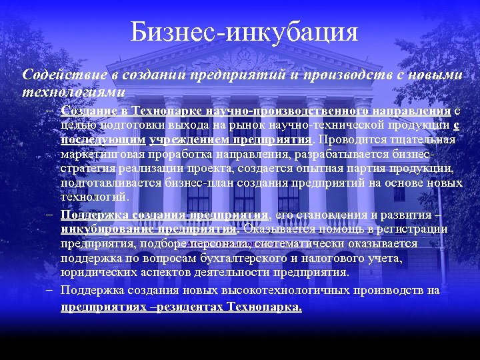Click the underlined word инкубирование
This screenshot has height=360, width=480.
coord(108,229)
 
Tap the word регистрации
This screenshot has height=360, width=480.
coord(411,229)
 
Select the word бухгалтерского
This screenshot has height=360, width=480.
coord(246,258)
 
